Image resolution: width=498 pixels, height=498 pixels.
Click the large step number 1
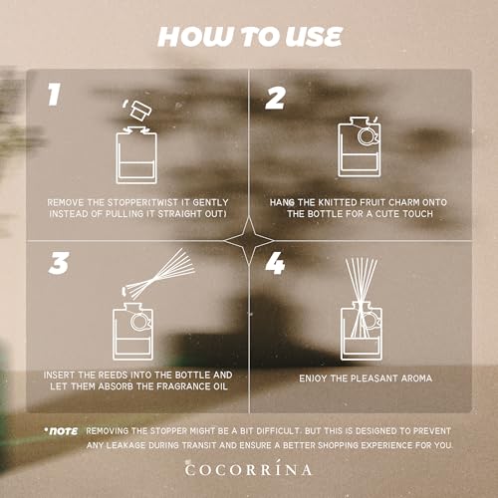point(55,94)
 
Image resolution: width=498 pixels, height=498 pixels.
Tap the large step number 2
point(276,98)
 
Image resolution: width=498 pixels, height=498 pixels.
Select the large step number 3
point(59,263)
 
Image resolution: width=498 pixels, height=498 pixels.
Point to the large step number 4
point(275,263)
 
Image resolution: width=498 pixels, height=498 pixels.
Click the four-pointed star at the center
point(249,241)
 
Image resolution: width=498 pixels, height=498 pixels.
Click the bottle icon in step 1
point(136,155)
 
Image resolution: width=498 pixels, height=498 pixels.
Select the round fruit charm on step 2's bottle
point(368,136)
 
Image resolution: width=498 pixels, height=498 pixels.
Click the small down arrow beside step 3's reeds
point(124,292)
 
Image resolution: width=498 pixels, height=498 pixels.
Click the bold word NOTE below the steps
point(63,431)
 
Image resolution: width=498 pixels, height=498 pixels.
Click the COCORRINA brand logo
point(249,469)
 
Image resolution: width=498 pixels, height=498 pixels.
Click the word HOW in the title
point(194,37)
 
